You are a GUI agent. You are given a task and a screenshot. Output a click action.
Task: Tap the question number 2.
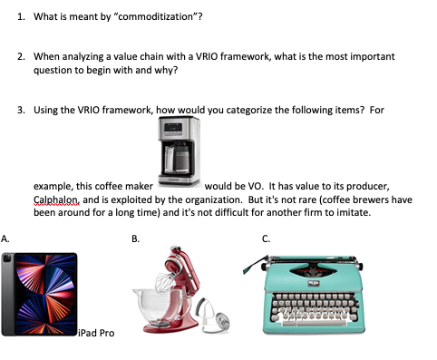click(x=21, y=56)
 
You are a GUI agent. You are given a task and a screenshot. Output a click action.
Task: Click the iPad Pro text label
click(x=97, y=334)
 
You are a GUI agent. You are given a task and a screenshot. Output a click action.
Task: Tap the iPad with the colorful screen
click(x=39, y=295)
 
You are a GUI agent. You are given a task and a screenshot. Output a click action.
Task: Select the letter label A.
click(x=6, y=238)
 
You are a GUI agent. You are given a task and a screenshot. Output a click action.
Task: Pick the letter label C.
click(x=266, y=238)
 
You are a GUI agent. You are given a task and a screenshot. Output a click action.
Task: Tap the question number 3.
click(x=21, y=109)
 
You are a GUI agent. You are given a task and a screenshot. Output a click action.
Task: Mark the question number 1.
click(x=21, y=16)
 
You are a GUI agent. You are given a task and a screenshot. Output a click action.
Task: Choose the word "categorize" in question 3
click(x=234, y=109)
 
